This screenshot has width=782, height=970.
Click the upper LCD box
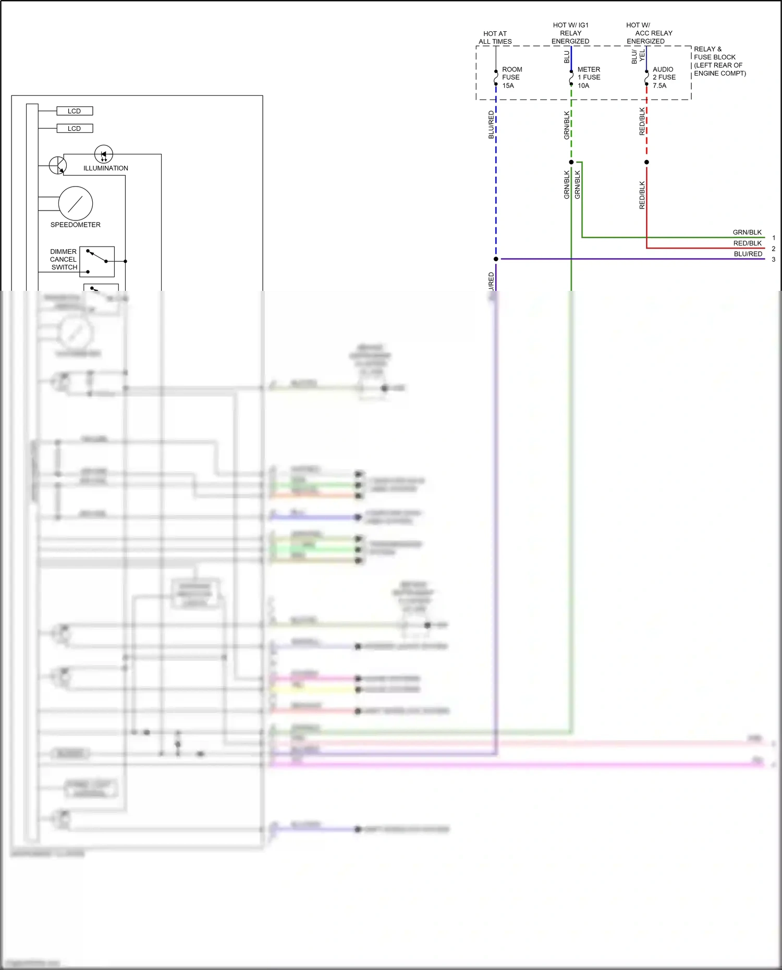coord(75,111)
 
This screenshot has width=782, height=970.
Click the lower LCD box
coord(75,128)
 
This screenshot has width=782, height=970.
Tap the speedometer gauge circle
coord(76,203)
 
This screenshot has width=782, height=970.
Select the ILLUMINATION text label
coord(106,168)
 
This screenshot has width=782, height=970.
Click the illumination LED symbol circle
coord(103,154)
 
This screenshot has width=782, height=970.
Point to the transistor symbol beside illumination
coord(58,166)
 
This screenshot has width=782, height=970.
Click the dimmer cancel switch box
coord(97,262)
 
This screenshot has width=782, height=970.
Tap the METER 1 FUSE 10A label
coord(589,77)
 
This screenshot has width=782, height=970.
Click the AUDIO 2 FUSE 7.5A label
coord(664,77)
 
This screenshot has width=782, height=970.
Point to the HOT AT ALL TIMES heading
coord(495,38)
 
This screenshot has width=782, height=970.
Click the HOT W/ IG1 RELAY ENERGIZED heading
coord(570,33)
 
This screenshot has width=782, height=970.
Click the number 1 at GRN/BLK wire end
coord(774,238)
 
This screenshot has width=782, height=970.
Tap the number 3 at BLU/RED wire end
coord(774,259)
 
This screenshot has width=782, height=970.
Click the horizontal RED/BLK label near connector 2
coord(747,243)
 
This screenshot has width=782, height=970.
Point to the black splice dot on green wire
coord(571,162)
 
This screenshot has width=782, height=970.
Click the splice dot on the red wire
coord(646,162)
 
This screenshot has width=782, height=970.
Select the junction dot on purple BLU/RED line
coord(496,259)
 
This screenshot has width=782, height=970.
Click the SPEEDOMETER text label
coord(76,225)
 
